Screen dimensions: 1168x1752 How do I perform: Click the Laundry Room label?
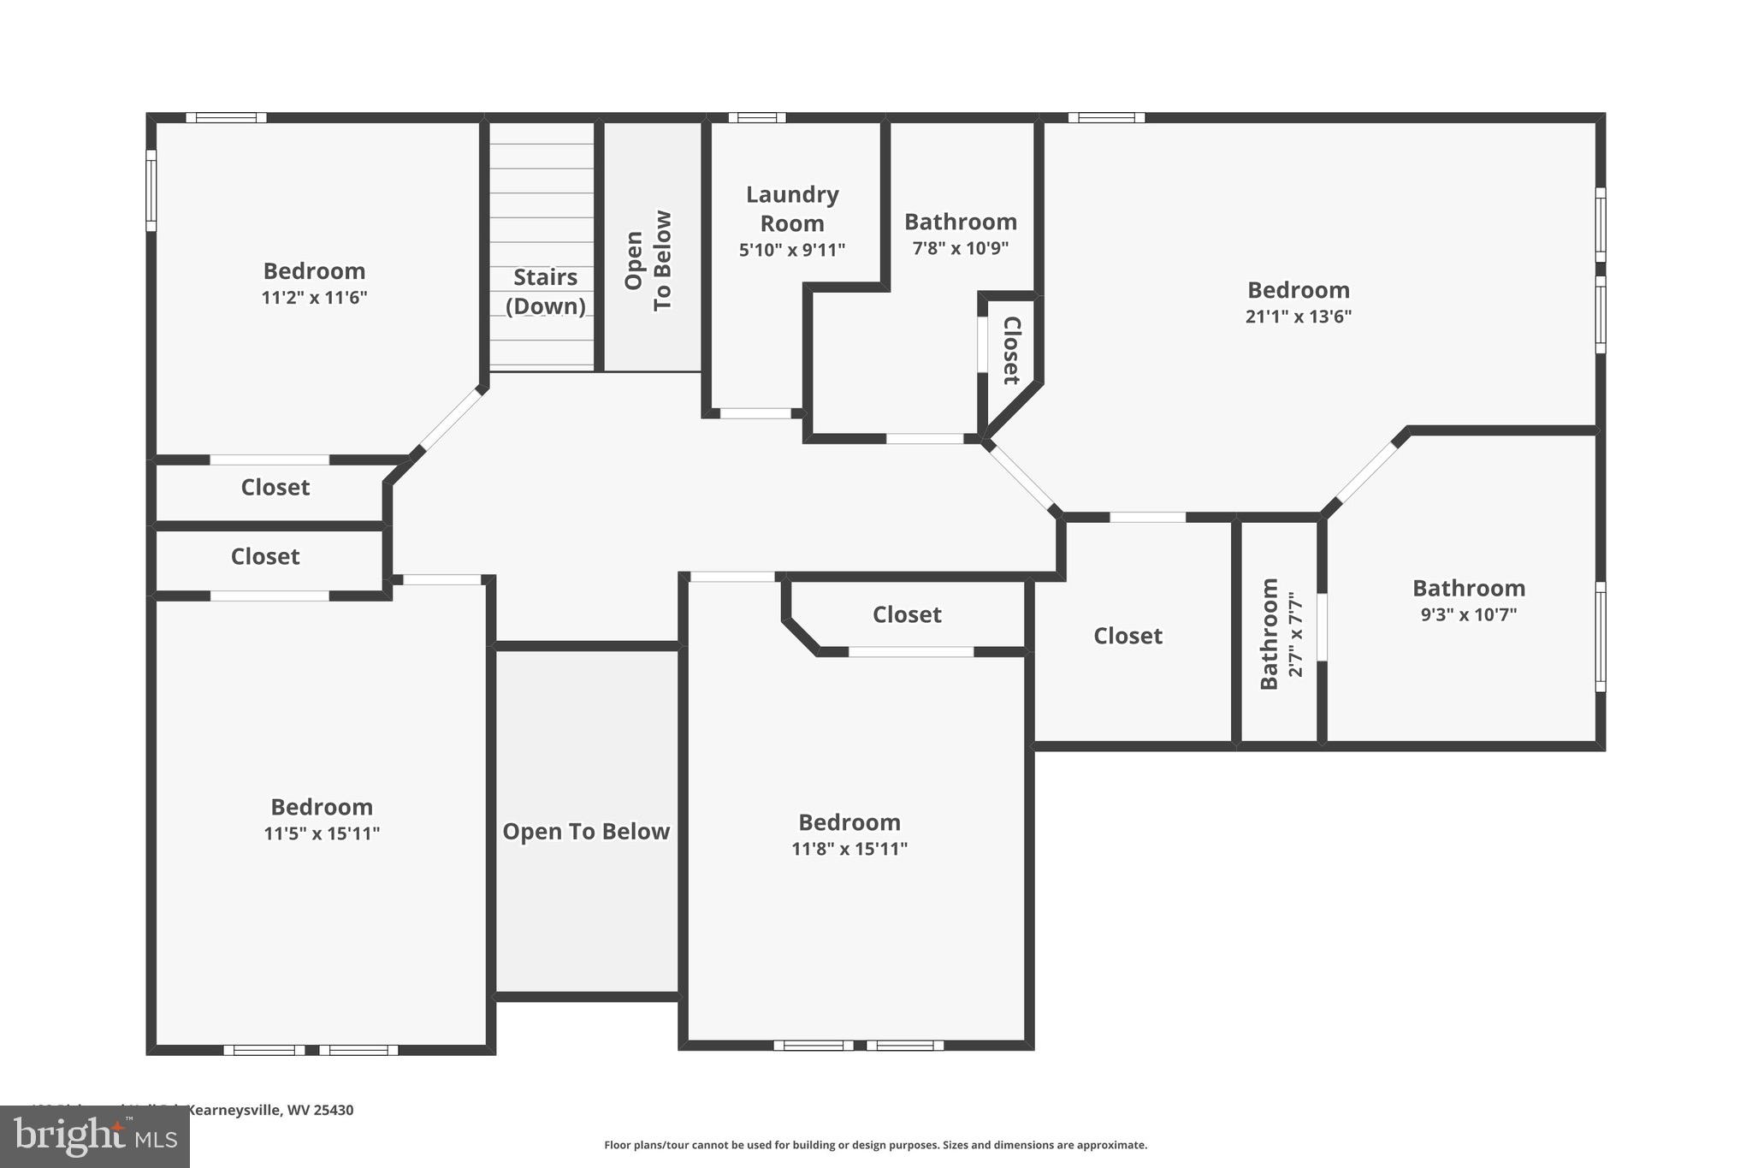pos(792,209)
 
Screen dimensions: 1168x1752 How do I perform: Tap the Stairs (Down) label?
pos(545,291)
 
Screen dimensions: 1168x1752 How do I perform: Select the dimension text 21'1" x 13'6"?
pos(1298,317)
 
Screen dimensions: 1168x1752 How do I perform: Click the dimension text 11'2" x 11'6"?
pos(314,298)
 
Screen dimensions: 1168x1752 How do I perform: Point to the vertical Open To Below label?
pos(648,260)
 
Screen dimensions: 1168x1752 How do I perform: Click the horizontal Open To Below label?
pos(586,832)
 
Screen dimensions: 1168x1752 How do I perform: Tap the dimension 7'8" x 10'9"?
pos(960,249)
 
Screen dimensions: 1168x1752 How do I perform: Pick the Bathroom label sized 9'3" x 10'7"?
pos(1468,589)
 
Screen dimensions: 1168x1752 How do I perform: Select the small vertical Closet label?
pos(1012,351)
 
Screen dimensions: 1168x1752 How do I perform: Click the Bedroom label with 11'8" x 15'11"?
pos(849,822)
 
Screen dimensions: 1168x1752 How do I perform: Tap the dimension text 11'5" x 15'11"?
pos(322,833)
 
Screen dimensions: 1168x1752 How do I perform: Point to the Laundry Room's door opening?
pos(755,413)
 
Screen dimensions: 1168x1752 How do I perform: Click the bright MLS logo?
pos(95,1136)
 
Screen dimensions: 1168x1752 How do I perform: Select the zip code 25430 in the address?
pos(333,1110)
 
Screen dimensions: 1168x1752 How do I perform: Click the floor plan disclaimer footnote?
pos(875,1145)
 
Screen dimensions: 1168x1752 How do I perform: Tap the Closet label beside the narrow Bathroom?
pos(1128,636)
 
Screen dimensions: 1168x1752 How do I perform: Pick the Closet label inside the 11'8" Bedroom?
pos(907,614)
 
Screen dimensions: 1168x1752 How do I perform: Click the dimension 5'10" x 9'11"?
pos(792,251)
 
